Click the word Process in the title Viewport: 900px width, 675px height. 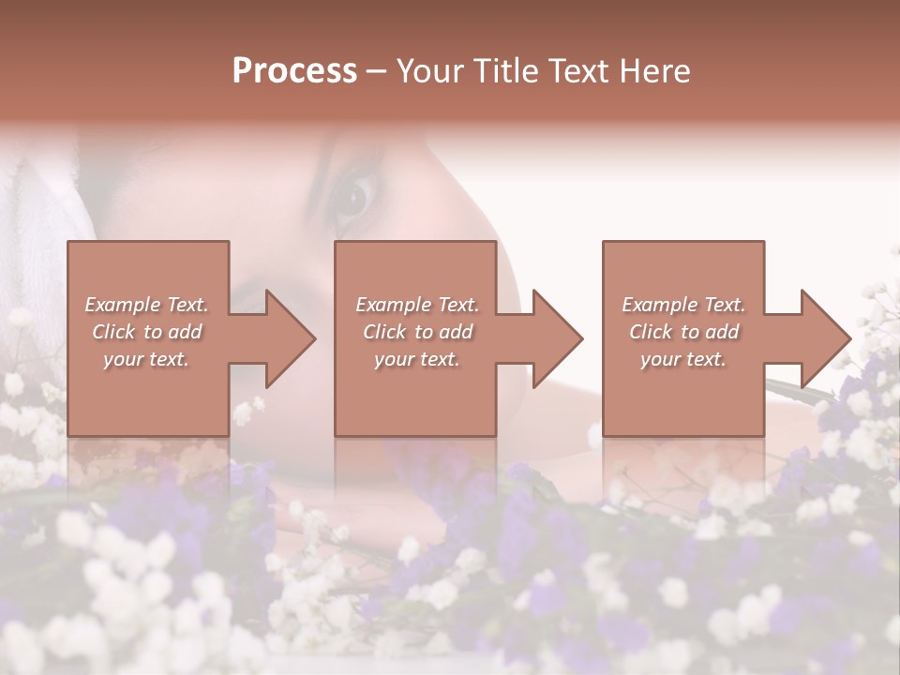pyautogui.click(x=294, y=71)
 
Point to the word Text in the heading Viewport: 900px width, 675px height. pyautogui.click(x=579, y=71)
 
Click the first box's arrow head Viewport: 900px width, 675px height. pyautogui.click(x=290, y=338)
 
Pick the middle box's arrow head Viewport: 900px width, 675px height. pyautogui.click(x=557, y=338)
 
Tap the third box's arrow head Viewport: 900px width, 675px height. pyautogui.click(x=825, y=338)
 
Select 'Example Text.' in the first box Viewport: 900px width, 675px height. pyautogui.click(x=146, y=305)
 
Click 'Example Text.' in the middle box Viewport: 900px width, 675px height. pyautogui.click(x=417, y=305)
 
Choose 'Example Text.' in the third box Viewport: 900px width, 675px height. pyautogui.click(x=683, y=305)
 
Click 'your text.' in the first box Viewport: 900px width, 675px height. pyautogui.click(x=146, y=359)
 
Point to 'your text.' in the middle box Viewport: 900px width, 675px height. pyautogui.click(x=417, y=359)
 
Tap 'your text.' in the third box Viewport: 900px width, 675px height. pyautogui.click(x=683, y=359)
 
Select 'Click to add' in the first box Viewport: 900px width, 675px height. pyautogui.click(x=146, y=332)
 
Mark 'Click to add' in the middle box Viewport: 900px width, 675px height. pyautogui.click(x=417, y=332)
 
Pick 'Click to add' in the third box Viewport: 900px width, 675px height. pyautogui.click(x=683, y=332)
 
